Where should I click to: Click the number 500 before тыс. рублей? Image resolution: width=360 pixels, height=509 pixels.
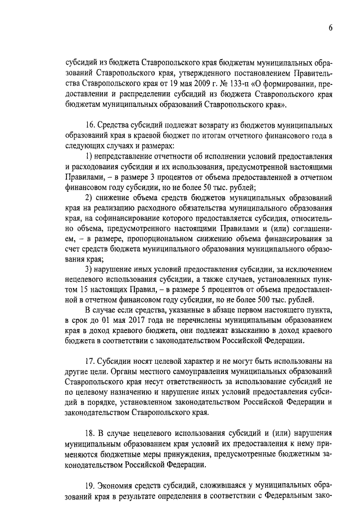[273, 300]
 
